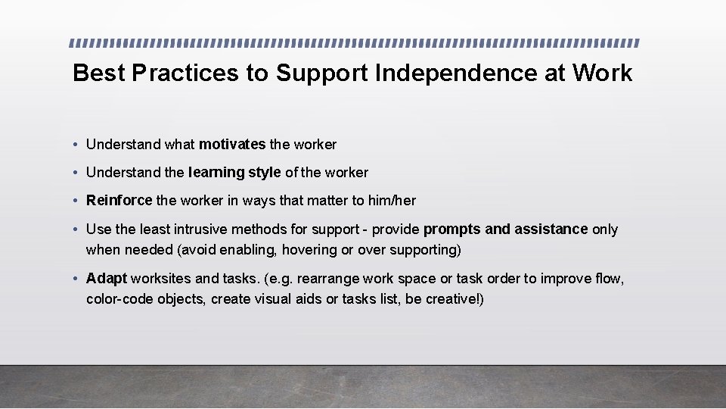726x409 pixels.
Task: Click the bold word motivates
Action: [232, 144]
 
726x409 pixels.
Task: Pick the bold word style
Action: [265, 173]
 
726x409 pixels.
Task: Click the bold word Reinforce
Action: [119, 201]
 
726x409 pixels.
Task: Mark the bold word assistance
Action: [551, 229]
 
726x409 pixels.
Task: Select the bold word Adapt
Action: [107, 279]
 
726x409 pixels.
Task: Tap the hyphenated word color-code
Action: [119, 299]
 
